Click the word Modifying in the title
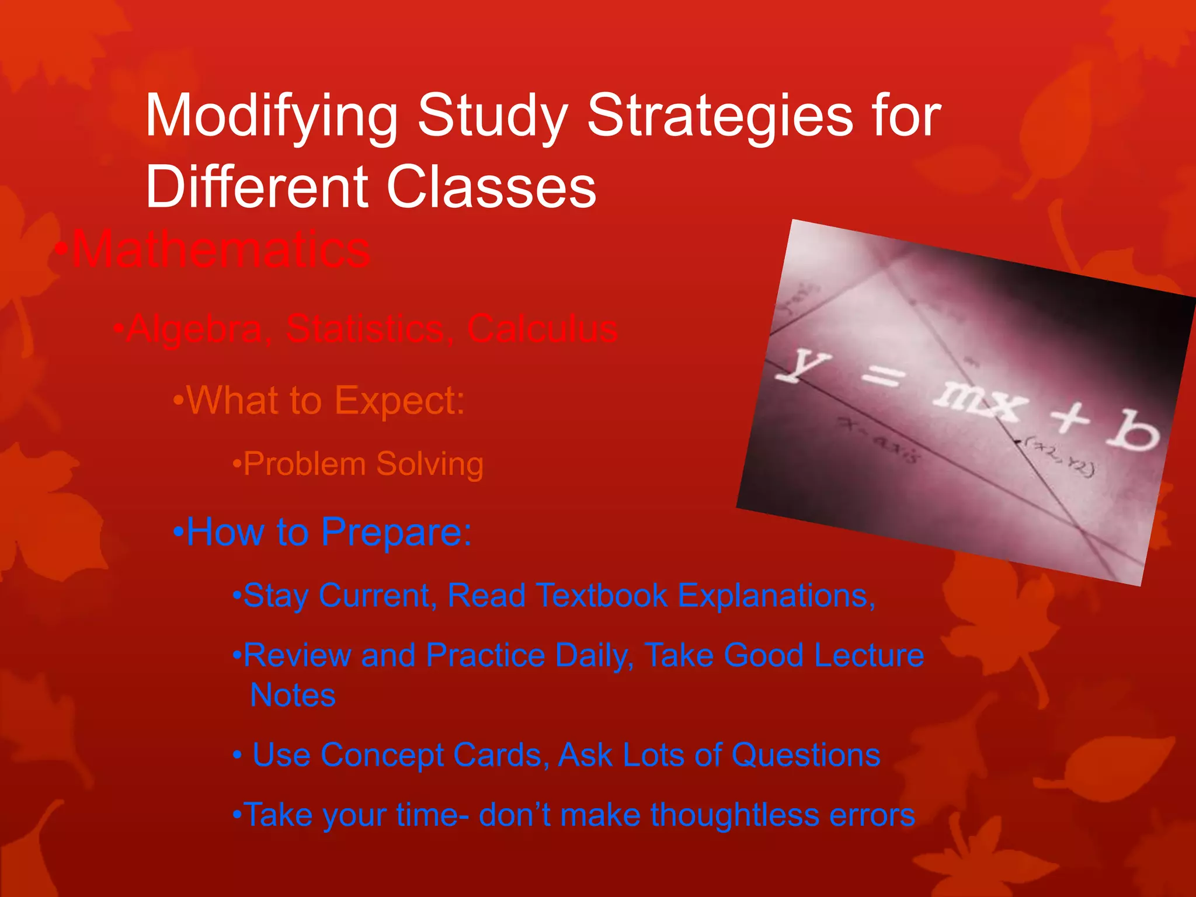tap(272, 117)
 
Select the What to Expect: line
tap(319, 401)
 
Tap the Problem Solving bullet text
tap(358, 464)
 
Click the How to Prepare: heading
tap(323, 533)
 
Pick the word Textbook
tap(602, 596)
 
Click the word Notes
tap(293, 696)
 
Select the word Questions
tap(805, 755)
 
